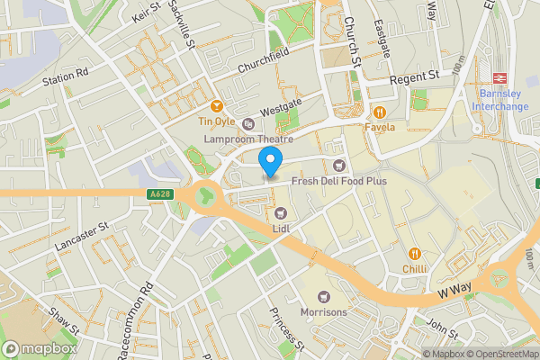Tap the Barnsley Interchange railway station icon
(499, 79)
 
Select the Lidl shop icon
(281, 212)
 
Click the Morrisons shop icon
(322, 296)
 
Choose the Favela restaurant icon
(380, 112)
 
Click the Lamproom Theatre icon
(247, 124)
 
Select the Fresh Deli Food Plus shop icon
(339, 165)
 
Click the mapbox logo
(39, 348)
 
